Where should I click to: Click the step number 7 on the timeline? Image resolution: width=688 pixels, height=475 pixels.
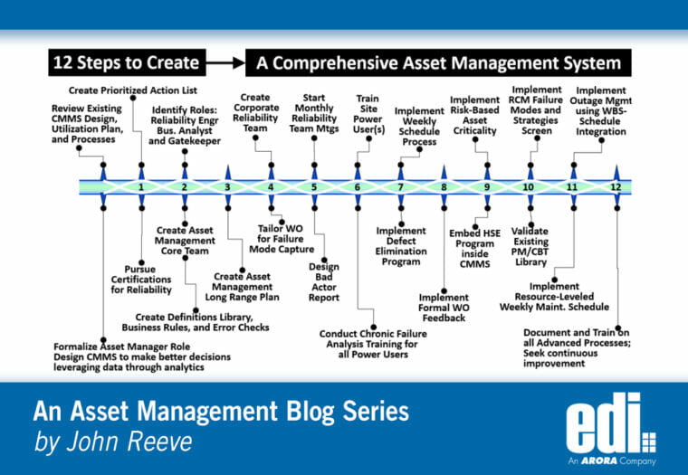click(x=400, y=187)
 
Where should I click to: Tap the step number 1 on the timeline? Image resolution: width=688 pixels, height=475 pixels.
click(x=141, y=187)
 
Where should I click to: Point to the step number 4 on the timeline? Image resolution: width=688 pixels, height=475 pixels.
click(x=271, y=187)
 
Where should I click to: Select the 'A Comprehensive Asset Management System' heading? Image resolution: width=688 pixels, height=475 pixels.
click(x=438, y=63)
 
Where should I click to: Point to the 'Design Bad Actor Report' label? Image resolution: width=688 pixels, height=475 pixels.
click(x=323, y=281)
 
